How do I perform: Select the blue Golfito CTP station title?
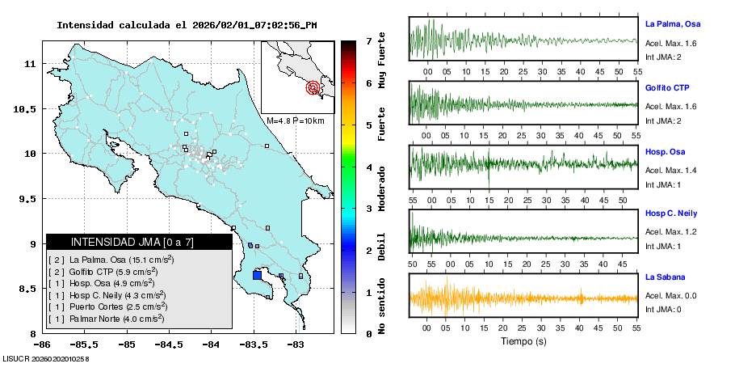coord(667,87)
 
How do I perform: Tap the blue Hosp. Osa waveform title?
coord(665,151)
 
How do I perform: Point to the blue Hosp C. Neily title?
coord(671,213)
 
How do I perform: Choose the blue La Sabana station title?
coord(666,277)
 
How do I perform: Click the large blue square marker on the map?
coord(257,275)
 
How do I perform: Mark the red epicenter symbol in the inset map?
coord(313,87)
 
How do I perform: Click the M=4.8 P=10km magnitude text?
coord(295,120)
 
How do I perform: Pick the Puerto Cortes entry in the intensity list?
coord(110,306)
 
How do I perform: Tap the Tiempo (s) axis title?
coord(523,341)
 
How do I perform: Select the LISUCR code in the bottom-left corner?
coord(46,357)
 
